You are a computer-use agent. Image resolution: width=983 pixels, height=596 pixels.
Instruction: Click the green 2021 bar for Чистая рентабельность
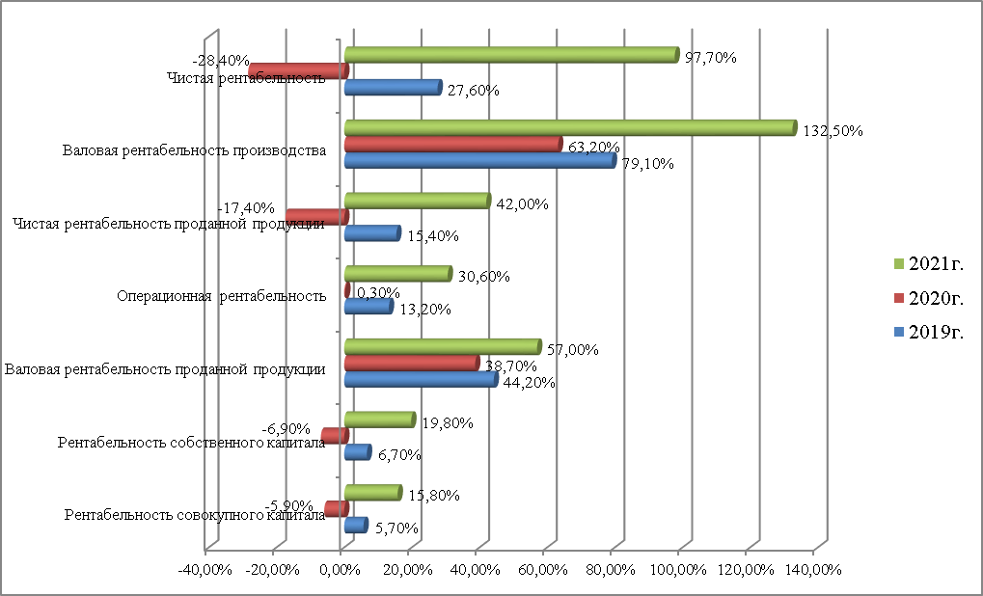click(511, 55)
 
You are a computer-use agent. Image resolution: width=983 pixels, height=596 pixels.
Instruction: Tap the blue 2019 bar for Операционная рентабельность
click(368, 306)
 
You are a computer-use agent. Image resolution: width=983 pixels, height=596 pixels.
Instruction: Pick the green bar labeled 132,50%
click(569, 127)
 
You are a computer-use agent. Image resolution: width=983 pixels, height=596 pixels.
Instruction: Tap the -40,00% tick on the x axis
click(205, 570)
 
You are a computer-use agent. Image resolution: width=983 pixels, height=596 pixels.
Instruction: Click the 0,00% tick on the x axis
click(342, 570)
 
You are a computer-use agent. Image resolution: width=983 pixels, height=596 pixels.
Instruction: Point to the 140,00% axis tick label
click(814, 570)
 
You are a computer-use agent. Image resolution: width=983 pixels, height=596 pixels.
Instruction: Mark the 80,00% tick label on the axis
click(613, 570)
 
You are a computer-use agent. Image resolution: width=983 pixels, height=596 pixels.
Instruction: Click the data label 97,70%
click(710, 58)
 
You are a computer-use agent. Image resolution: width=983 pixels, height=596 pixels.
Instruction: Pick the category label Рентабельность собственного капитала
click(191, 443)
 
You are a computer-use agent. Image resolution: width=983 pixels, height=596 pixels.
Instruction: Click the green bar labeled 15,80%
click(371, 493)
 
